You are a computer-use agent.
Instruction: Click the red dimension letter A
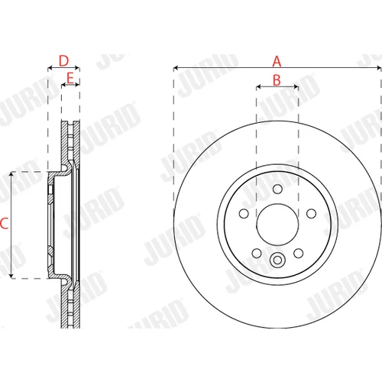[x=277, y=61]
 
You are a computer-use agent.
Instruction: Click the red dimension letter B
[x=277, y=80]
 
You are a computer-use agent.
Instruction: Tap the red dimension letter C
[x=5, y=223]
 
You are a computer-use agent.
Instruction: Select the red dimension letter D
[x=63, y=61]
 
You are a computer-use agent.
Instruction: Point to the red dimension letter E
[x=70, y=78]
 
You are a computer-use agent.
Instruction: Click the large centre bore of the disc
[x=277, y=224]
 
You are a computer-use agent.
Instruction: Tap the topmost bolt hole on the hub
[x=277, y=189]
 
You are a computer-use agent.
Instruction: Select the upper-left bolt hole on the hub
[x=244, y=213]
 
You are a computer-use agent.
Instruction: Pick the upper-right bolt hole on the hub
[x=311, y=213]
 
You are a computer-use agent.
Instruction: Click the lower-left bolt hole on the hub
[x=257, y=253]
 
